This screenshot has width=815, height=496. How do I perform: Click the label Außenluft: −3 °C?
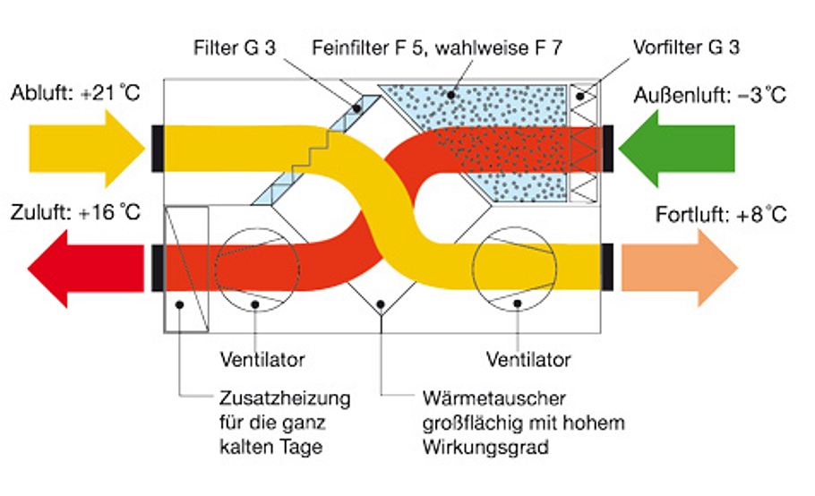click(x=710, y=94)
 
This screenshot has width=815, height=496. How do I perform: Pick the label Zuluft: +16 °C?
click(x=76, y=215)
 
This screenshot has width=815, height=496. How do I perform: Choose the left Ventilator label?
click(x=262, y=360)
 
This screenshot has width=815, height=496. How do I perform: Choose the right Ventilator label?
click(x=528, y=360)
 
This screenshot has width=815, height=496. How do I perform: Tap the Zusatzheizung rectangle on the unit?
click(x=186, y=269)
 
